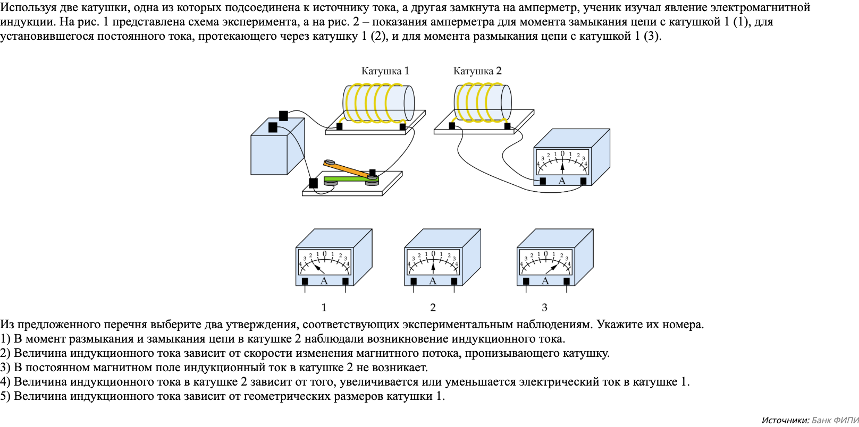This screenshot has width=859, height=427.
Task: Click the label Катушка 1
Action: coord(385,71)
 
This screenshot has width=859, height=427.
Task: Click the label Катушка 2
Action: coord(477,71)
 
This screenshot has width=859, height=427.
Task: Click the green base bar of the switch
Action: coord(346,180)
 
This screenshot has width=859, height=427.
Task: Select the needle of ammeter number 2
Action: coord(433,266)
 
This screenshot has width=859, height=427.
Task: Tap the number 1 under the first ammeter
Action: coord(324,308)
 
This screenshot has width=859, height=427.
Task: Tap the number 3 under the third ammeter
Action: coord(544,308)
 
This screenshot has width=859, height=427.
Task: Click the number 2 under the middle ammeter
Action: coord(433,308)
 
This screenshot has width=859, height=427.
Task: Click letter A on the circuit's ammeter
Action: coord(562,181)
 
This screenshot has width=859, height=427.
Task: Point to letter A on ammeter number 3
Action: coord(545,281)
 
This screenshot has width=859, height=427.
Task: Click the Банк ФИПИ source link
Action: coord(835,420)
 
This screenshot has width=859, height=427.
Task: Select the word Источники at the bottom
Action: coord(785,420)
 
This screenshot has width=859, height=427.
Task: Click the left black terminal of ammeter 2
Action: coord(414,281)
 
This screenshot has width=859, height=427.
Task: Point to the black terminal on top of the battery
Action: coord(283,115)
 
